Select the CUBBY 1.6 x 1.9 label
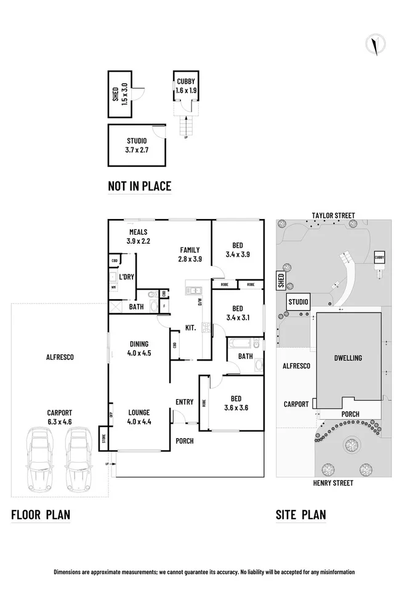(x=185, y=86)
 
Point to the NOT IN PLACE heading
(x=139, y=186)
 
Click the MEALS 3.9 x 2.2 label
(x=139, y=236)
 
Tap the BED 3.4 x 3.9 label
(x=237, y=249)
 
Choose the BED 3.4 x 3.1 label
(x=237, y=313)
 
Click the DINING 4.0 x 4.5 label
(x=139, y=348)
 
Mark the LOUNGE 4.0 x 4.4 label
(x=139, y=417)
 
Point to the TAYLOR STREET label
(x=333, y=215)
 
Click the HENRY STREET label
(x=333, y=483)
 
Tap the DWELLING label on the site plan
(x=348, y=358)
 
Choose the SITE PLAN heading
(x=301, y=514)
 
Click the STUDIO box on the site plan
(x=299, y=301)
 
